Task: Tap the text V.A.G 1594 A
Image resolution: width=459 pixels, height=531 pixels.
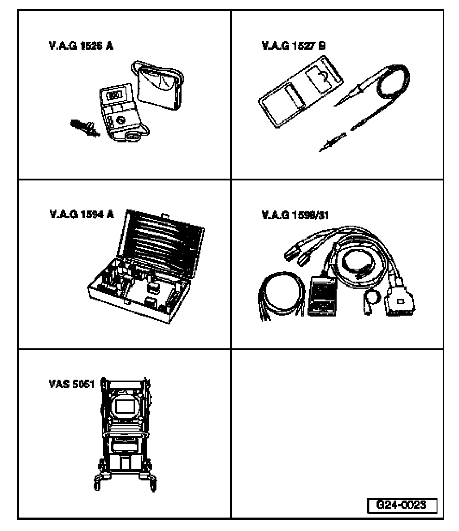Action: [x=81, y=214]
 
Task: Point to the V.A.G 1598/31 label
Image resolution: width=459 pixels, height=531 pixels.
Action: [x=295, y=215]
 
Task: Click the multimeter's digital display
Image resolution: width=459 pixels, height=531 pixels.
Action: [x=115, y=96]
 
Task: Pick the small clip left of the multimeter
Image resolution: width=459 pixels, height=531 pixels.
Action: [x=84, y=128]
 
